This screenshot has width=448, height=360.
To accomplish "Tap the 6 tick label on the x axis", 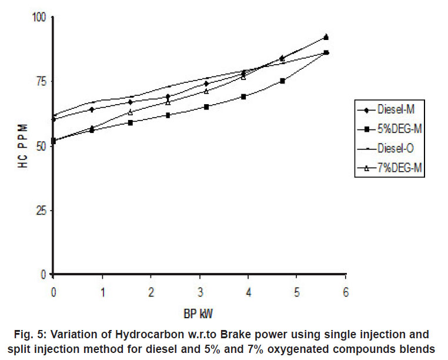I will coord(346,292).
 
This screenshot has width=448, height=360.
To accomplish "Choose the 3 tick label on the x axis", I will coord(199,292).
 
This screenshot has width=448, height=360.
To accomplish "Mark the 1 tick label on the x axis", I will coord(102,292).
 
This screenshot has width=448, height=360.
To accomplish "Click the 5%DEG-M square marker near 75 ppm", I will coord(282,81).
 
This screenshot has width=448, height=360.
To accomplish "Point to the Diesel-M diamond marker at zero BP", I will coord(54,119).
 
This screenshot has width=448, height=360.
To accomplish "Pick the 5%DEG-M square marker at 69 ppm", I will coord(243,96).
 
